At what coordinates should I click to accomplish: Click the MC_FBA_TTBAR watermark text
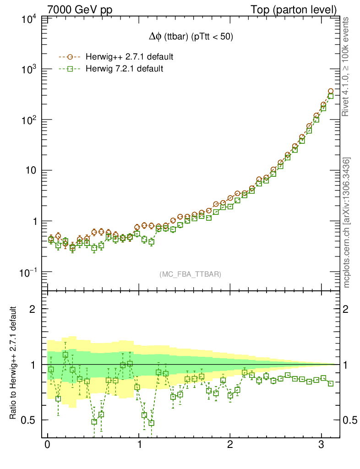191,274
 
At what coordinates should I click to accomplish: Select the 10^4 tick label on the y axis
28,19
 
